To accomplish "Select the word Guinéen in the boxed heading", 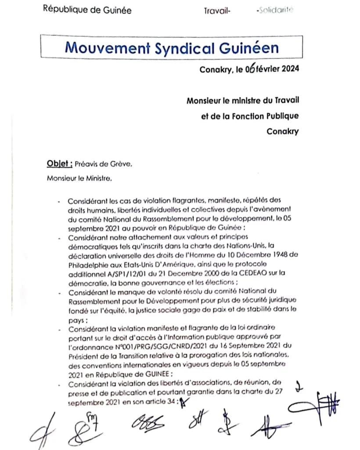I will (x=250, y=47).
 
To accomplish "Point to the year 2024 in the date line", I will (x=290, y=69).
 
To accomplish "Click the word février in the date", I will (x=268, y=69).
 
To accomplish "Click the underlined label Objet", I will (x=59, y=164).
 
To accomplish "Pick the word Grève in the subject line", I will (x=120, y=164).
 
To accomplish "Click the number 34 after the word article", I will (x=170, y=401).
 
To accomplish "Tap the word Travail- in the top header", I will (x=217, y=11).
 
